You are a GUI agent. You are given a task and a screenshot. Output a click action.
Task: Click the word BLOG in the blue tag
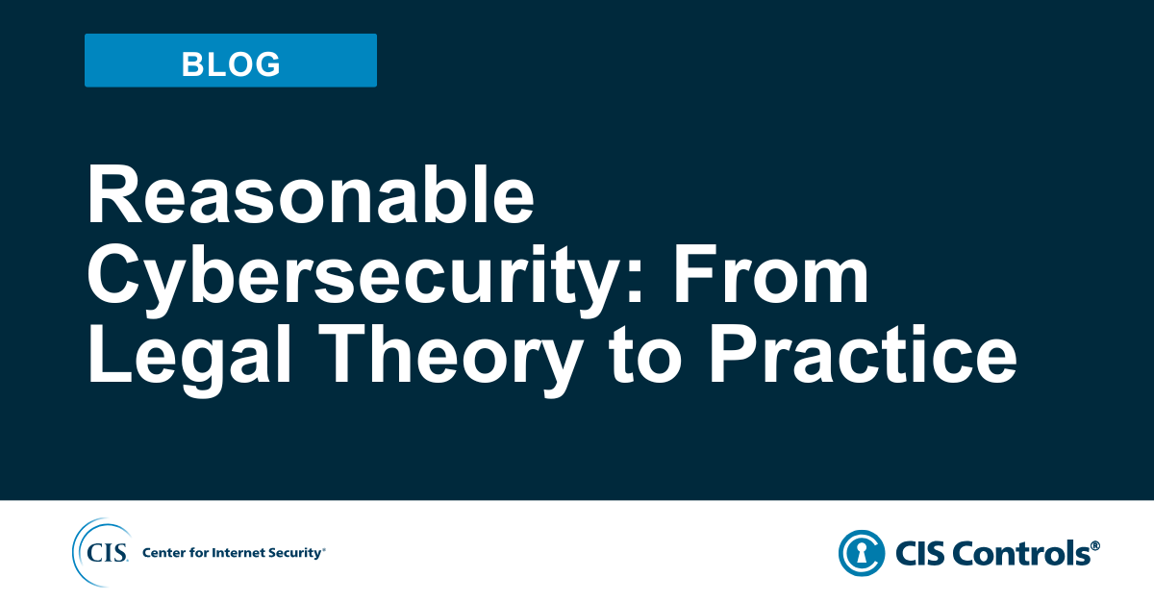coord(231,63)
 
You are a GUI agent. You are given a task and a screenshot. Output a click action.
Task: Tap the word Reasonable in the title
coord(311,197)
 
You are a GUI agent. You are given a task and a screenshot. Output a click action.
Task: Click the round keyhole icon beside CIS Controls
coord(862,553)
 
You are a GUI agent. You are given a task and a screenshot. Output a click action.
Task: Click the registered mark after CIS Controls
coord(1095,545)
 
